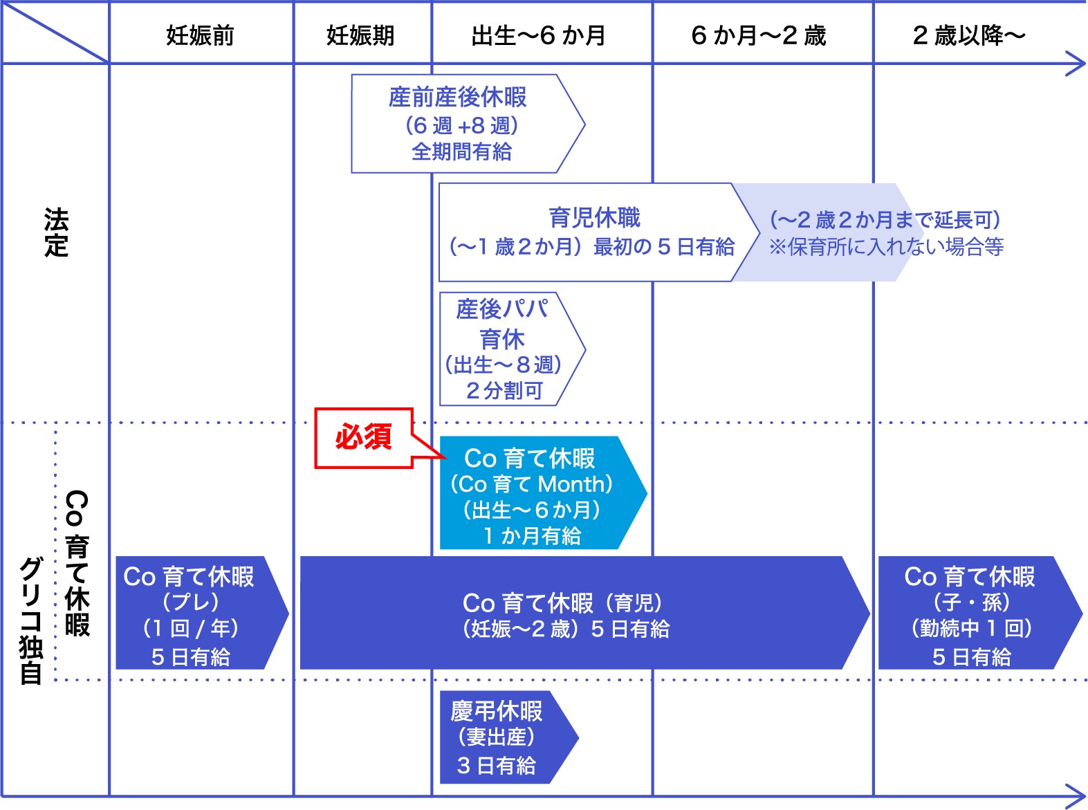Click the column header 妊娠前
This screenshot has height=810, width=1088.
(x=200, y=35)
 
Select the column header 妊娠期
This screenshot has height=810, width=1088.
(x=360, y=35)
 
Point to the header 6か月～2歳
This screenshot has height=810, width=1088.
(x=759, y=35)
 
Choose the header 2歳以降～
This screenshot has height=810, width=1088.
(x=968, y=35)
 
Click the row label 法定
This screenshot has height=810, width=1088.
(x=56, y=232)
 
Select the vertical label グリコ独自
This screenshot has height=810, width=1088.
(x=31, y=620)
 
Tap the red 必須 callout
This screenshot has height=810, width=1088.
(x=364, y=438)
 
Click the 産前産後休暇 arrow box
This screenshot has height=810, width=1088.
(x=460, y=123)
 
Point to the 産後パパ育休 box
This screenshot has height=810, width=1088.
(x=503, y=349)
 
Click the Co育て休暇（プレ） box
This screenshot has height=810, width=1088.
(x=190, y=614)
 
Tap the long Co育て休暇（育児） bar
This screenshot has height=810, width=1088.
(x=566, y=614)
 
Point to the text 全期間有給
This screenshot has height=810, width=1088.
(x=461, y=151)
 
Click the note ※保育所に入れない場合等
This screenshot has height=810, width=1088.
(x=886, y=247)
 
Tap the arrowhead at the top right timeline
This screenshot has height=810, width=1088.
(x=1075, y=64)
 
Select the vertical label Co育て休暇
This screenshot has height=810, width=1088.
(x=77, y=563)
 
